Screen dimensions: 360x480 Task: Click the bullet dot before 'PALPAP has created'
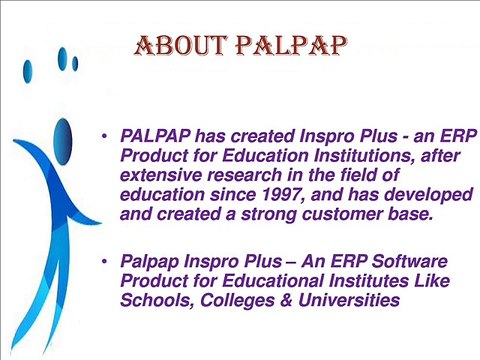coord(105,135)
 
